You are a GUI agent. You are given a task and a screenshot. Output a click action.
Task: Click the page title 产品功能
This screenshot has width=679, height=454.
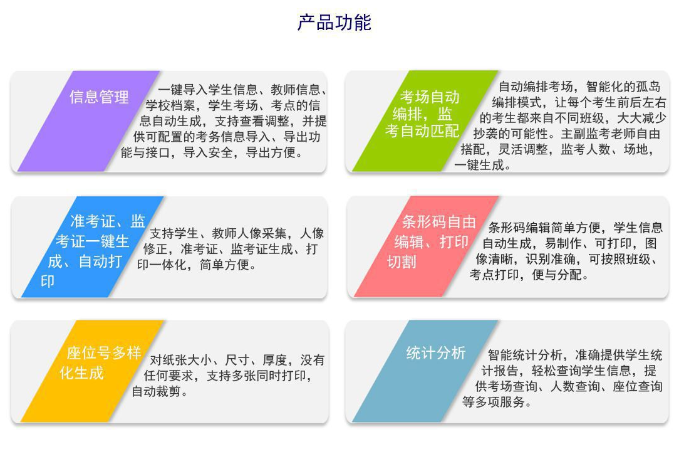click(x=334, y=23)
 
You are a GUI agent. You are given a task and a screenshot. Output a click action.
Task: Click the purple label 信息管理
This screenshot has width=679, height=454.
click(x=99, y=97)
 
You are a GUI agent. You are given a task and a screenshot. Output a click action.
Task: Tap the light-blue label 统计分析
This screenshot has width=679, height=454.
click(x=435, y=353)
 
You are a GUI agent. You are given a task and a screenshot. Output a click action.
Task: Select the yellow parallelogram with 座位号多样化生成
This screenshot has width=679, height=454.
click(x=92, y=371)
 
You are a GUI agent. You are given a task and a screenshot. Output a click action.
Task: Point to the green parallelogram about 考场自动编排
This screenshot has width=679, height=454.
click(x=425, y=121)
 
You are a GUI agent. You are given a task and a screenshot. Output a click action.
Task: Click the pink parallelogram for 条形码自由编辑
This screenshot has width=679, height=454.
click(x=427, y=246)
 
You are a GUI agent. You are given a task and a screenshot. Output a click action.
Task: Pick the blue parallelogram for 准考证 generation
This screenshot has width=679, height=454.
click(x=92, y=246)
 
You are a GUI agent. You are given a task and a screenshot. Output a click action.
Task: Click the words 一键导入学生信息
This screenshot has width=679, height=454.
click(x=208, y=90)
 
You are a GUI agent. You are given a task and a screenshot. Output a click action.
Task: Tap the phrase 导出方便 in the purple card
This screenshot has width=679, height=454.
click(x=271, y=152)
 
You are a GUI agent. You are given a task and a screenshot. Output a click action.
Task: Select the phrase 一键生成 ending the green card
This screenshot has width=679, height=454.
click(x=479, y=165)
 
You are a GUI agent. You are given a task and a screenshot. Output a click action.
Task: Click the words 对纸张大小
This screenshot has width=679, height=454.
click(x=180, y=360)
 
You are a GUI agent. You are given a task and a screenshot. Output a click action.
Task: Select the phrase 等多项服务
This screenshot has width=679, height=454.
click(x=493, y=402)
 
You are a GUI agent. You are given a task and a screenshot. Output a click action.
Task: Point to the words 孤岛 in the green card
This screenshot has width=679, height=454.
click(x=648, y=87)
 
